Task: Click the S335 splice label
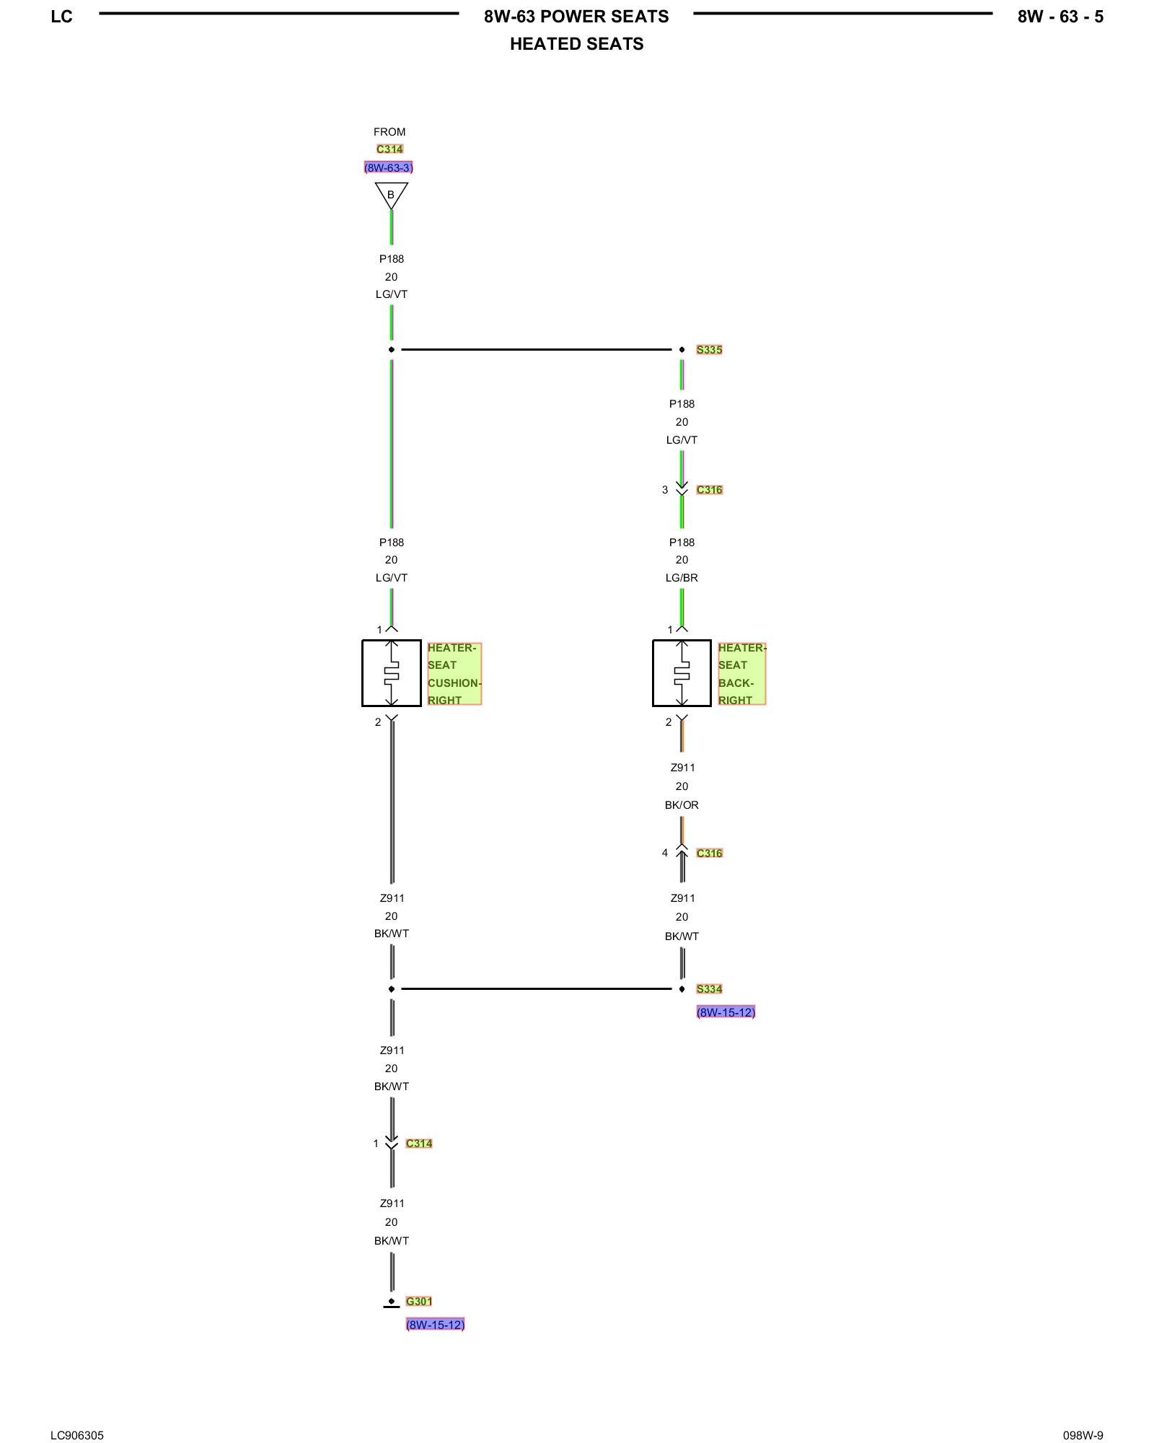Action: (709, 350)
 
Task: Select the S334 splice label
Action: (709, 989)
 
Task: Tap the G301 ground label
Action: (418, 1302)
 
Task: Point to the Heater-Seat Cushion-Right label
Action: (454, 674)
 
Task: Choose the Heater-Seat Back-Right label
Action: (741, 674)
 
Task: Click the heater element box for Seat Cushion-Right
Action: (392, 673)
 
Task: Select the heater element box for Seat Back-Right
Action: (682, 673)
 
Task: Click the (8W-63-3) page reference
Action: (389, 168)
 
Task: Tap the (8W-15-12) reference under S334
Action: (726, 1012)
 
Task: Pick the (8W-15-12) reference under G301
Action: (435, 1325)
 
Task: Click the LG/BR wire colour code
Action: (682, 578)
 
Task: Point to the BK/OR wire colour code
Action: (682, 805)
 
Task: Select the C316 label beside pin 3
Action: (709, 490)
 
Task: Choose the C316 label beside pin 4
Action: (709, 854)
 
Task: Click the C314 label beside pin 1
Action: (418, 1144)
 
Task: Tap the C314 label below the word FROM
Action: (389, 149)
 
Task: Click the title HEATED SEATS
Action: (576, 44)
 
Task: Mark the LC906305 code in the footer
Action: (77, 1416)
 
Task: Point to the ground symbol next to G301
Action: (391, 1303)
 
